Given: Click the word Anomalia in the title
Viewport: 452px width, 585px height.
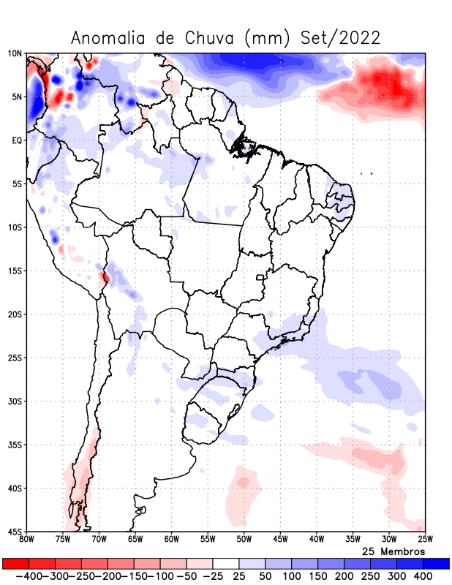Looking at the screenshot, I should tap(107, 37).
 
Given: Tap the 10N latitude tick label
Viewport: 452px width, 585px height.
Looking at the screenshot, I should tap(15, 53).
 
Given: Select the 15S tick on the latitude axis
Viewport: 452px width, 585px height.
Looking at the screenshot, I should tap(15, 271).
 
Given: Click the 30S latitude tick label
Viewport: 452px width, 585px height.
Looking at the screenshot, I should tap(15, 401).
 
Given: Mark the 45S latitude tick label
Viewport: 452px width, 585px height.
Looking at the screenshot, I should tap(15, 532).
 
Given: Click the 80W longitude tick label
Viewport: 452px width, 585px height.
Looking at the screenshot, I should tap(26, 540).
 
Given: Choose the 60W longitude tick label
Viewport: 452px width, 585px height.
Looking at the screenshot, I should tap(171, 540).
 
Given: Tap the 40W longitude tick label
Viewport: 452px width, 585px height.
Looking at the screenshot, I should tap(316, 540).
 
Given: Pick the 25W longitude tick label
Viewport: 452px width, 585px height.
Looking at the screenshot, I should tap(424, 540).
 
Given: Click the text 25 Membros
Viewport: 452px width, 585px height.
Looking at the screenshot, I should tap(393, 551).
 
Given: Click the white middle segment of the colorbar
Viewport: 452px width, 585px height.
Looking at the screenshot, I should tap(226, 564).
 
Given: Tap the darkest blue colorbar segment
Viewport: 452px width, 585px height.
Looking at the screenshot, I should tap(437, 564).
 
